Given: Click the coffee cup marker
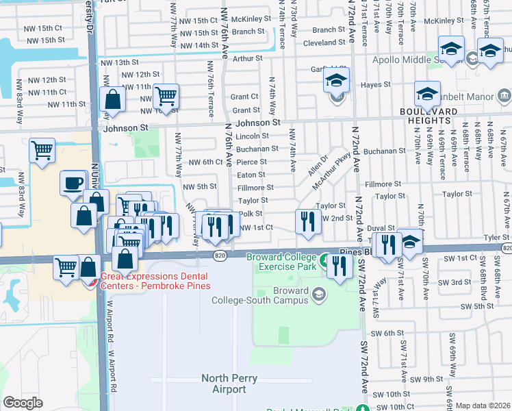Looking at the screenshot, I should tap(74, 184).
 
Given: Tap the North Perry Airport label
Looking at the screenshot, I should tap(223, 384).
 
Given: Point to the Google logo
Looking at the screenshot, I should tap(23, 403).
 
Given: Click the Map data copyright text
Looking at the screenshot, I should tap(483, 406).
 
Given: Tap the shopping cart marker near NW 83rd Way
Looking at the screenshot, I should tap(42, 150).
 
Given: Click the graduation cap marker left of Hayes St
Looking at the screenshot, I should tap(336, 80).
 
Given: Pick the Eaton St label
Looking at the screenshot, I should tap(251, 175).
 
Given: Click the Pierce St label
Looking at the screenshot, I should tap(251, 162).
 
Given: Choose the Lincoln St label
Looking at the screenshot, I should tap(252, 136).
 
